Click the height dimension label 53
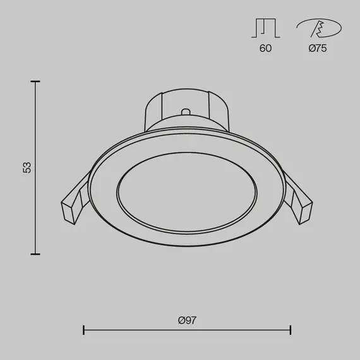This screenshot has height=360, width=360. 27,167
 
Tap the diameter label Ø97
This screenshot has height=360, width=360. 188,320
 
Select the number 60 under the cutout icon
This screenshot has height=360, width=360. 265,48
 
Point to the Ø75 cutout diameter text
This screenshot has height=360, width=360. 318,48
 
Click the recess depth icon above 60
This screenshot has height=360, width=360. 265,28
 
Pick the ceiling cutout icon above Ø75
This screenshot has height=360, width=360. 319,28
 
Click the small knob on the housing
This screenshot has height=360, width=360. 186,112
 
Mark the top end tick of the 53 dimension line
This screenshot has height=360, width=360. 35,81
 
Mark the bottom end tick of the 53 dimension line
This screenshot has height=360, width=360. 35,254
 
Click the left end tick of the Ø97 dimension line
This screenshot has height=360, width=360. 84,330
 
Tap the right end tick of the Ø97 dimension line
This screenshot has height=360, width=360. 291,330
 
